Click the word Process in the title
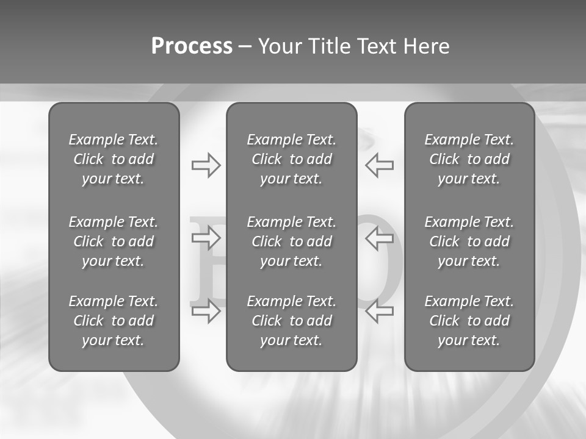click(x=192, y=46)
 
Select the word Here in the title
click(x=426, y=46)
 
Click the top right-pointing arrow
click(x=206, y=165)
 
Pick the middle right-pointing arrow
click(x=206, y=238)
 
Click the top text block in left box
click(x=114, y=159)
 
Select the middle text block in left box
click(x=114, y=241)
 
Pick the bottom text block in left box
click(x=114, y=321)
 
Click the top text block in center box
click(x=291, y=159)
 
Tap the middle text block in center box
click(x=291, y=241)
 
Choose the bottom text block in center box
click(x=291, y=321)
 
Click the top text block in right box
click(x=469, y=159)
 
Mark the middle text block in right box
click(x=469, y=241)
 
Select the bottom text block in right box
click(x=469, y=321)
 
